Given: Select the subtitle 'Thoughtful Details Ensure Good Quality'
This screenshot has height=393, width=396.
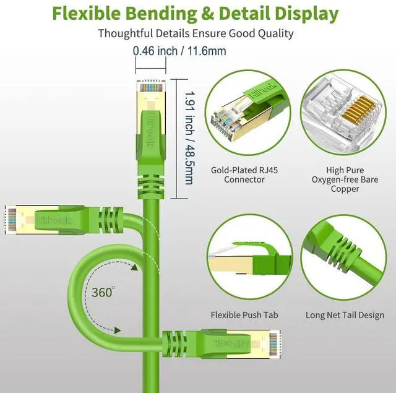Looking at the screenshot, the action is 196,33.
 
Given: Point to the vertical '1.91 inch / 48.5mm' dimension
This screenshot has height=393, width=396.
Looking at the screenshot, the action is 189,139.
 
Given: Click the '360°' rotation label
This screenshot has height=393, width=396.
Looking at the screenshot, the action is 103,292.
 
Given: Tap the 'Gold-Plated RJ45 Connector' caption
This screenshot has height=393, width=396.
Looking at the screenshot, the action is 238,175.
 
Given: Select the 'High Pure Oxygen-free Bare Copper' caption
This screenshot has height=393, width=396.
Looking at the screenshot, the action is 345,179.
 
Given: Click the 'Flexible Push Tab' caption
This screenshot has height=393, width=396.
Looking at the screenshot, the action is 244,315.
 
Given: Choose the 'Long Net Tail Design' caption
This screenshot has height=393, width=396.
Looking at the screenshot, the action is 345,315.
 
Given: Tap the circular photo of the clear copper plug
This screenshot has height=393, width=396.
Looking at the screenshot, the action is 345,116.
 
